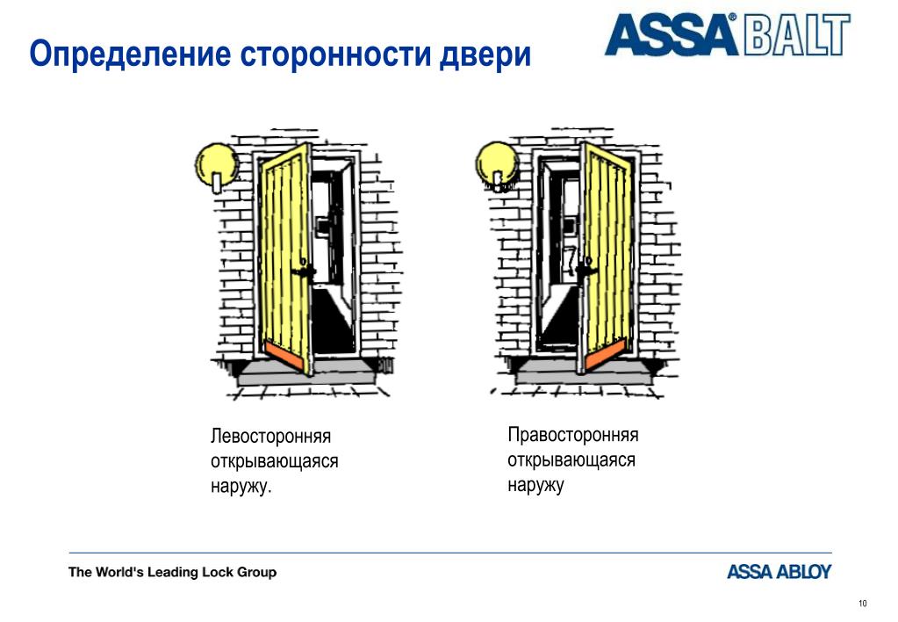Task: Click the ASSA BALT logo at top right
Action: (x=728, y=36)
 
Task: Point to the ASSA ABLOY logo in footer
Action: (x=779, y=572)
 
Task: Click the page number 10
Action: (x=862, y=603)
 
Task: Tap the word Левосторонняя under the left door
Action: (x=270, y=437)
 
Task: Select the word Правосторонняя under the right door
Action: (x=572, y=436)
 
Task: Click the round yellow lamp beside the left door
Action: (x=215, y=163)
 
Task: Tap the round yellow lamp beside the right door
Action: (x=497, y=163)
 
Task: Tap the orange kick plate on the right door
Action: (x=606, y=351)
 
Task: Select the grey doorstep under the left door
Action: (x=298, y=376)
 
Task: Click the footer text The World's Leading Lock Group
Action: (x=172, y=572)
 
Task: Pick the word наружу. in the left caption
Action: (x=241, y=486)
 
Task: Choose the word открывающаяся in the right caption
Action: (x=571, y=460)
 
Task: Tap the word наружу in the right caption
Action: (x=535, y=485)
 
